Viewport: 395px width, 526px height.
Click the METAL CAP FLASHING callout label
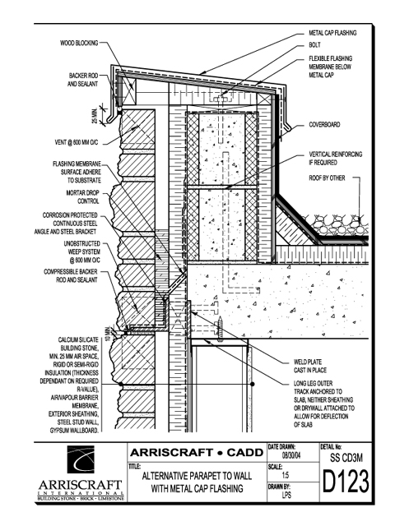[x=332, y=33]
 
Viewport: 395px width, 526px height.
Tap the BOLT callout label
[x=314, y=45]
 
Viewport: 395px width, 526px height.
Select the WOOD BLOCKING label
[x=79, y=43]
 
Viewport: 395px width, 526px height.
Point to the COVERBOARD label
[x=324, y=125]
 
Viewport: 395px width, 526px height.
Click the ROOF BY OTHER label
[x=327, y=178]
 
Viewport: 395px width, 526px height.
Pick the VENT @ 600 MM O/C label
[x=77, y=142]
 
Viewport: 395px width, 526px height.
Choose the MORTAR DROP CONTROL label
[x=82, y=197]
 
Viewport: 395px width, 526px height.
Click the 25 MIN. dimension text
[x=95, y=115]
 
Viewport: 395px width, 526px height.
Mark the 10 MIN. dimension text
[x=108, y=334]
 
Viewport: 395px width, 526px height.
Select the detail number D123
[x=346, y=482]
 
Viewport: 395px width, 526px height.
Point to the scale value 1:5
[x=286, y=475]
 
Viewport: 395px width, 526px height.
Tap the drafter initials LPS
[x=286, y=495]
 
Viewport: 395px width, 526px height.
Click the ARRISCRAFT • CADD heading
[x=197, y=453]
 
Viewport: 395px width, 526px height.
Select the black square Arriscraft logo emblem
[x=81, y=459]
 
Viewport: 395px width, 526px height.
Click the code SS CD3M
[x=346, y=458]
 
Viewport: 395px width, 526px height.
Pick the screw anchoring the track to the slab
[x=221, y=329]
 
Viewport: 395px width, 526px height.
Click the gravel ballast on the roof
[x=338, y=225]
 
